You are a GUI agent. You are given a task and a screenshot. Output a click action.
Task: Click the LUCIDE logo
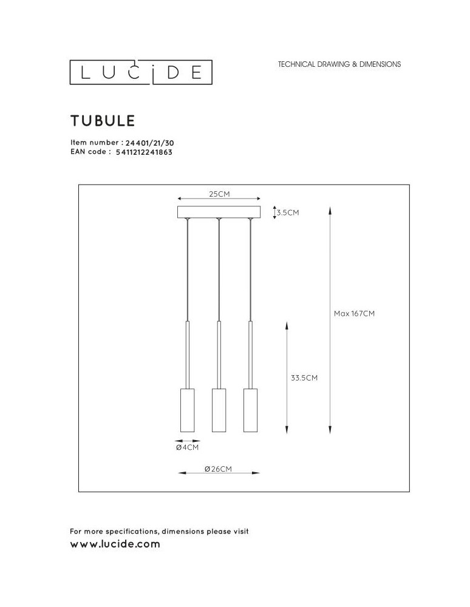(140, 73)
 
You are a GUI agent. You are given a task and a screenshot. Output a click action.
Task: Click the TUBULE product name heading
(102, 121)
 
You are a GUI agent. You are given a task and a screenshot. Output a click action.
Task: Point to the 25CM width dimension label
(219, 194)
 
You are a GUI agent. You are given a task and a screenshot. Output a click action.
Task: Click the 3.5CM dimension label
(288, 213)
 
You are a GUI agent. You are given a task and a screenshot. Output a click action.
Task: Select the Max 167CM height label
(355, 314)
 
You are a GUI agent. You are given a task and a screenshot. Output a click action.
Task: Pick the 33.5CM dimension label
(304, 377)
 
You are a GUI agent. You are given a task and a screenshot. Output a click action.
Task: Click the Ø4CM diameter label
(187, 447)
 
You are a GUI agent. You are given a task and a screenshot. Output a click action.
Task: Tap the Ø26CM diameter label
(218, 469)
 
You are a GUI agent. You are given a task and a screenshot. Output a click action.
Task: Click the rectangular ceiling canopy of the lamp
(219, 212)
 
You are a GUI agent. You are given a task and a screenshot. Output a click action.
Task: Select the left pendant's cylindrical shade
(187, 410)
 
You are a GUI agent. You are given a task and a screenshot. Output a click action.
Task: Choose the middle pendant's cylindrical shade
(219, 410)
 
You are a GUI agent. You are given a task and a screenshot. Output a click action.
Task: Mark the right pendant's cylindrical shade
(250, 410)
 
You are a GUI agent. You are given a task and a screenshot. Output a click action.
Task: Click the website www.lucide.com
(115, 544)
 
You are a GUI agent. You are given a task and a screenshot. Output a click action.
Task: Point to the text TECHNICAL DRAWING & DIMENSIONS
(339, 64)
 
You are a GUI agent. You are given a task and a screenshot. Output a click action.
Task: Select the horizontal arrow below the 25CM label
(219, 199)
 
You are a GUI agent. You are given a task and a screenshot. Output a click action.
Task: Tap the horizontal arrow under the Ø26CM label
(219, 474)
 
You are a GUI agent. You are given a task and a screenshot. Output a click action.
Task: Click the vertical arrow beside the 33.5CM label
(287, 377)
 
